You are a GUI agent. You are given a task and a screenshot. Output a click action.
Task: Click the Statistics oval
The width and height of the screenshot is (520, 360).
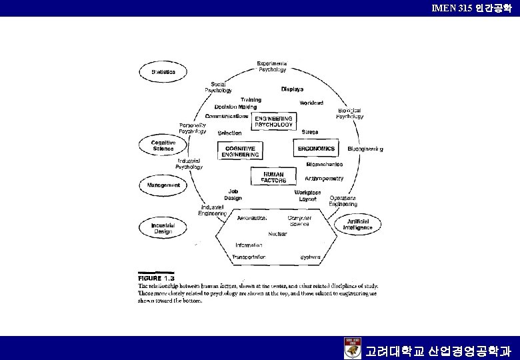163,71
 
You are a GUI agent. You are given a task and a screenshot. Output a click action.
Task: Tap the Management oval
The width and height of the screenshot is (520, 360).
163,185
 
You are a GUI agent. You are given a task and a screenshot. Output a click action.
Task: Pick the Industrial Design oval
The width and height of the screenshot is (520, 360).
163,229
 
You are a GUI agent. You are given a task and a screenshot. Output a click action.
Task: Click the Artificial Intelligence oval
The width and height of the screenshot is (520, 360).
357,224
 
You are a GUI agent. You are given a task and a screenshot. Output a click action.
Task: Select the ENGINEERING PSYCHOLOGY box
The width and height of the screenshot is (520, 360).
273,121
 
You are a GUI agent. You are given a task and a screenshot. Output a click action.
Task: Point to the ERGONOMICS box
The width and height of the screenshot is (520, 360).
317,148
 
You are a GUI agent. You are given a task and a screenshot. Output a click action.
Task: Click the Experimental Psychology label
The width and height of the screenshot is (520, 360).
272,66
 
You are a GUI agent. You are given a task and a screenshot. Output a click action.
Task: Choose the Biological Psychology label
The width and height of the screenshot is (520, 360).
350,113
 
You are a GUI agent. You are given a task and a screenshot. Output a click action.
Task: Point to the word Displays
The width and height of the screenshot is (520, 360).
292,89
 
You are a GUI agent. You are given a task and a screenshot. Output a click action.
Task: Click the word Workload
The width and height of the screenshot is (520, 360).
311,103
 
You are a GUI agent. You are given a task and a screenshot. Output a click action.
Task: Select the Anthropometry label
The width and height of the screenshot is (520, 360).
324,178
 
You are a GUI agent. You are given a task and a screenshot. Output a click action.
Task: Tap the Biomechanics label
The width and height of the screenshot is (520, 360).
325,163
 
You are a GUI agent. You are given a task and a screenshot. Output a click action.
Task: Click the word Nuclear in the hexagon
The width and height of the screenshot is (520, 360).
277,233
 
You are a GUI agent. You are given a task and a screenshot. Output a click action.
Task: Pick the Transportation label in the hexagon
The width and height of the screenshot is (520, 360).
249,257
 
